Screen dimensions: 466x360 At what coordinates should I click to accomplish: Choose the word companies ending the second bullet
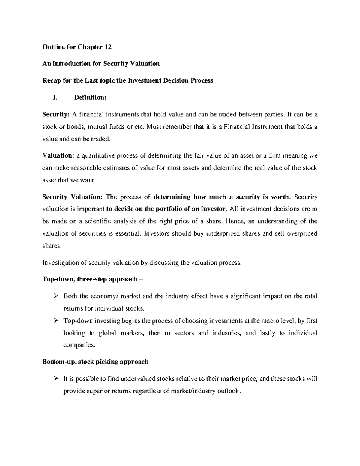[79, 345]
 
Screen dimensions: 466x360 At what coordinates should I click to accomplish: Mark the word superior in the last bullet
[97, 391]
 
